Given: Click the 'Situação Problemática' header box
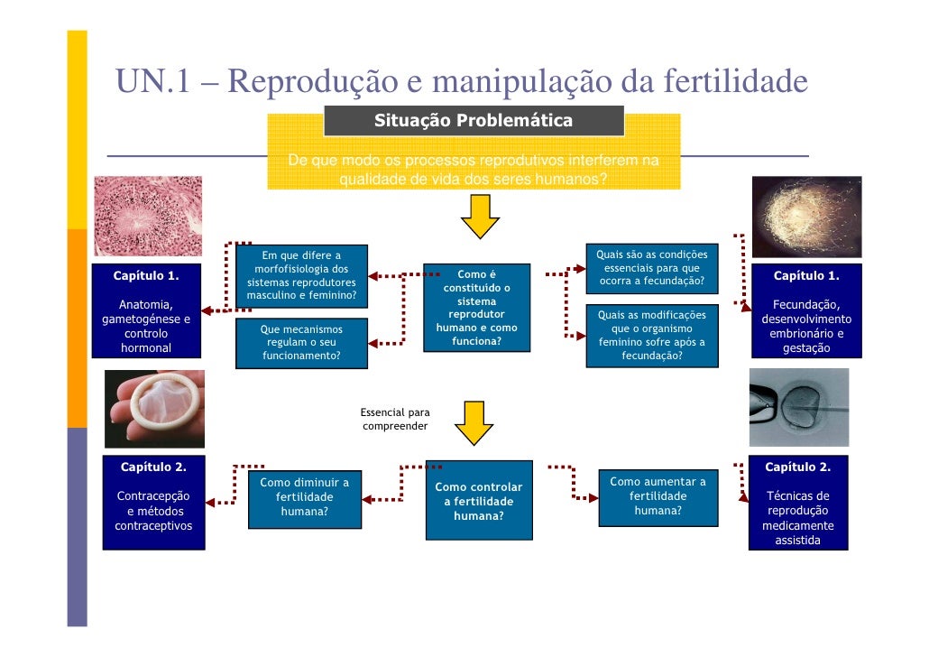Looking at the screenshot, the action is coord(474,121).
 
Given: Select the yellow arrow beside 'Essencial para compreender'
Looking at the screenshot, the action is coord(473,422).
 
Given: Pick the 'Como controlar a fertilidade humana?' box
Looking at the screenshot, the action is coord(478,501).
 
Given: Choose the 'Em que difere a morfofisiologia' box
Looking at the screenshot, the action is coord(301,276).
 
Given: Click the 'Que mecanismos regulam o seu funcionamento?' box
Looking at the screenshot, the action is coord(301,343).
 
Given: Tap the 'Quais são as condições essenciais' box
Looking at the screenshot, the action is coord(651,268).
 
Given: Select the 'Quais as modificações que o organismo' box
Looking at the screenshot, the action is coord(651,336).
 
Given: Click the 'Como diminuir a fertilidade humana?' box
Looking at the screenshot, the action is coord(304,497).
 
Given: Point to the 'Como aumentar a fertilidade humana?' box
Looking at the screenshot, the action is coord(658,495).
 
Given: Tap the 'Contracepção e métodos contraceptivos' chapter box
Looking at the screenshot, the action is coord(153,503).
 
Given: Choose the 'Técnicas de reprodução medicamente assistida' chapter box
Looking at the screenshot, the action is coord(797,503).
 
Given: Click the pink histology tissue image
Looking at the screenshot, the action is coord(148,216).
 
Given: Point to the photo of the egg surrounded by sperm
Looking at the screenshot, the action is coord(806,217).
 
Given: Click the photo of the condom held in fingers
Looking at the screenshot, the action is coord(154,408).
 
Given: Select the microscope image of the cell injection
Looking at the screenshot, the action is coord(799,407).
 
